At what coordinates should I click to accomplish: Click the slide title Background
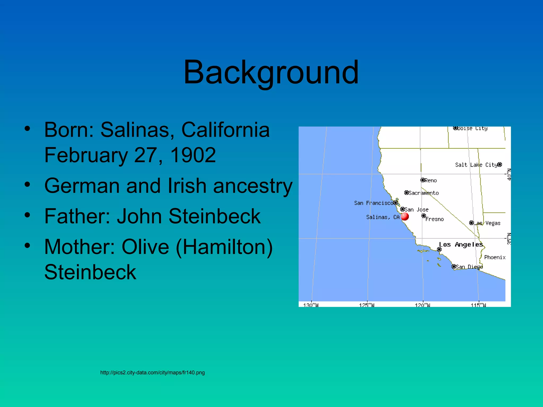271,72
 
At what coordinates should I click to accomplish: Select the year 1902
193,155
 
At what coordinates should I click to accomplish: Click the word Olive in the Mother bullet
145,247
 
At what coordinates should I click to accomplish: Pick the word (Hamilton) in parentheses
224,247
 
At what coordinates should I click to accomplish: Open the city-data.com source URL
152,373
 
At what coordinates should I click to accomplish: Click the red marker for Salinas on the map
405,216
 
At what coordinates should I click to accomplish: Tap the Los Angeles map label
461,245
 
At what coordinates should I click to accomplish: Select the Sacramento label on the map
423,193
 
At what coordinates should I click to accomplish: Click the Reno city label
431,180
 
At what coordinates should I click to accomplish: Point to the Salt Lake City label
476,165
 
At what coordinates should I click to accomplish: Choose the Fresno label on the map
434,219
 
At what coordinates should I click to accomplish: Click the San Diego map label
469,267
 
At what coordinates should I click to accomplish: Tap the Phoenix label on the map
495,257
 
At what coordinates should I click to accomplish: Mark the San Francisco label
373,203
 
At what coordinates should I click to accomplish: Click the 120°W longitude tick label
423,305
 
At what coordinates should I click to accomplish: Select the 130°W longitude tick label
311,305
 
